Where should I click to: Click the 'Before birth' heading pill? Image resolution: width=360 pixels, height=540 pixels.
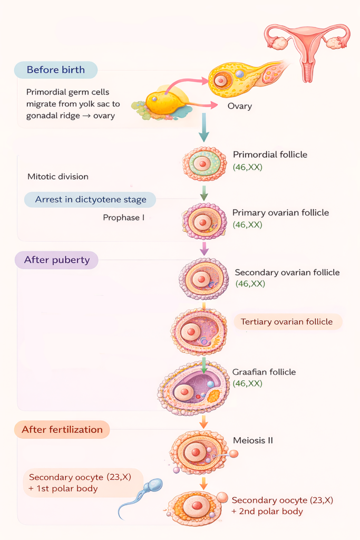point(55,70)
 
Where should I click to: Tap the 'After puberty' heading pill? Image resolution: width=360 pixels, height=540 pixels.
point(57,260)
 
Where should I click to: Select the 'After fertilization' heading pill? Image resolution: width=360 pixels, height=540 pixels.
point(62,429)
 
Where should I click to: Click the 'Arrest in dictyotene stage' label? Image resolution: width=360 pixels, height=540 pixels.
point(91,200)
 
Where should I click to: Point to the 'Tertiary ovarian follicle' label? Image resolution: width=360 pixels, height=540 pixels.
point(286,322)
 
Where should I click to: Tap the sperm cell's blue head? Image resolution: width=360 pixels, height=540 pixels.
point(154,486)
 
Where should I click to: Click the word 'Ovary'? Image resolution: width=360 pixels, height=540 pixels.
point(239,106)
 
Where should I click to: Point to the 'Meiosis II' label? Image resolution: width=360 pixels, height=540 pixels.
point(252,440)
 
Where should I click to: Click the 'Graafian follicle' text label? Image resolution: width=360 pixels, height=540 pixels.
point(264,372)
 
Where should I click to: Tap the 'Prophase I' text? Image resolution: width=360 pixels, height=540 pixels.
point(123,217)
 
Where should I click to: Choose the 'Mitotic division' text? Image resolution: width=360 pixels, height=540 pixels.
point(58,177)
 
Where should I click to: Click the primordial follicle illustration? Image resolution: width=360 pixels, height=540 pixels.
point(200,163)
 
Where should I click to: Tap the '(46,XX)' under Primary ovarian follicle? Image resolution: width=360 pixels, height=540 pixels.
point(247,225)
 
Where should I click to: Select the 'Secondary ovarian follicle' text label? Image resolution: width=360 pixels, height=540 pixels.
point(287,273)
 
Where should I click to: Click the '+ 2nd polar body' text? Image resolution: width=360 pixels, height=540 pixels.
point(267,512)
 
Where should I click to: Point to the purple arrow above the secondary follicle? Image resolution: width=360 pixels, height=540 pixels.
point(204,247)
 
